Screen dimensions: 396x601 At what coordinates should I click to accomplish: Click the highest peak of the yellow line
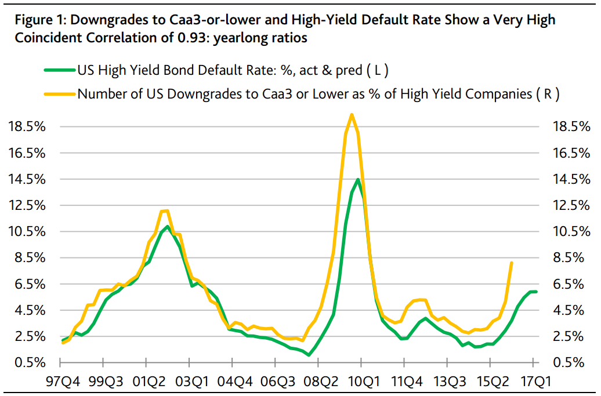tap(352, 114)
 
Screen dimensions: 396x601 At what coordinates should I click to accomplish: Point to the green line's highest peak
tap(358, 180)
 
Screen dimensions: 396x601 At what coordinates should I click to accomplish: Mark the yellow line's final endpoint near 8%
tap(511, 263)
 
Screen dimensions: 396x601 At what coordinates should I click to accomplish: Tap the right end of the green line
tap(536, 292)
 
